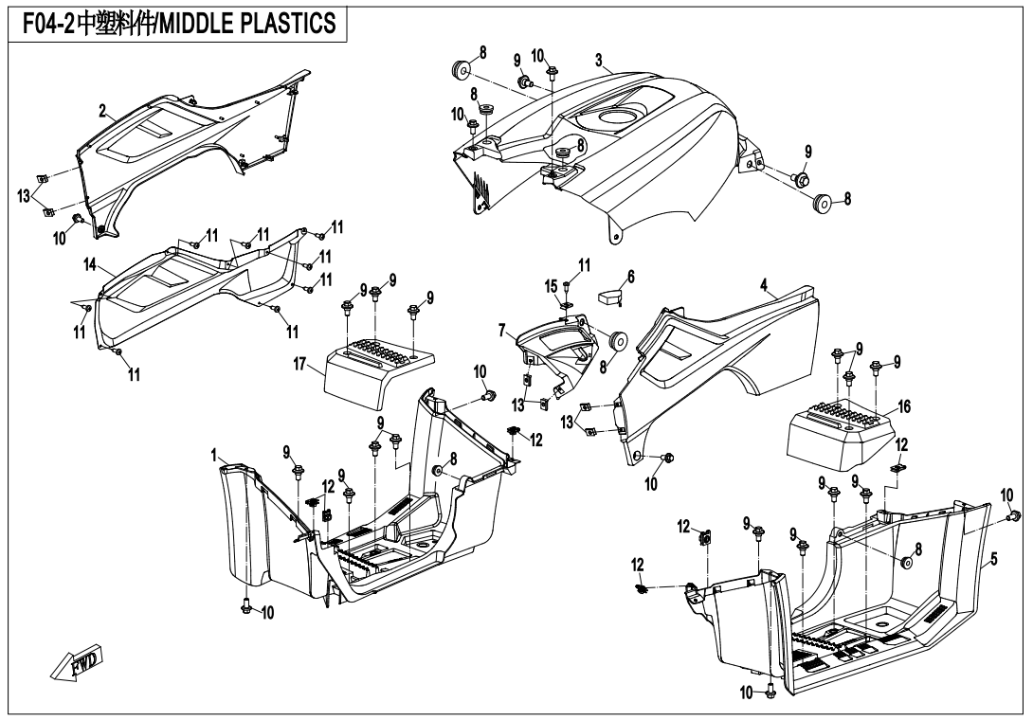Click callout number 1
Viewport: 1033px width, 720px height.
[216, 457]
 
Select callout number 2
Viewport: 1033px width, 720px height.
[102, 111]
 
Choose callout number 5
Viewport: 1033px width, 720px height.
[994, 560]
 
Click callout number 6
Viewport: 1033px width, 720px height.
[631, 278]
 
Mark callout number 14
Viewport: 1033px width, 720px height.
[90, 268]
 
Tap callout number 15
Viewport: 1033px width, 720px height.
[550, 285]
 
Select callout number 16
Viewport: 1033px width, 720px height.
[904, 405]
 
